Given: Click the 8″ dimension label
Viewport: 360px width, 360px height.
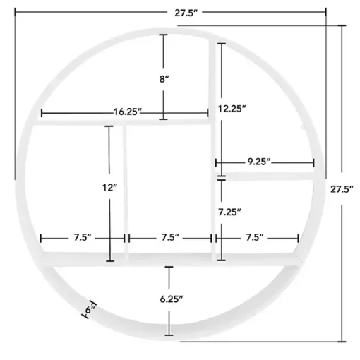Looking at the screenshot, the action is [x=164, y=79].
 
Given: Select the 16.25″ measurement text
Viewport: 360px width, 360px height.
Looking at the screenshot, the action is [x=128, y=112].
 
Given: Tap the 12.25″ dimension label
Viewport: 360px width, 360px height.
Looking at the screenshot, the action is [x=232, y=109].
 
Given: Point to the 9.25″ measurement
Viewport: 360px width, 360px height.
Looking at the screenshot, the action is [x=259, y=162].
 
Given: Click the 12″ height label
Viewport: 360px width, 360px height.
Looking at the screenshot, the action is [x=109, y=188].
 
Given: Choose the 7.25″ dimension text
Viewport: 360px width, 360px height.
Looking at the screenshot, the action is [x=229, y=212].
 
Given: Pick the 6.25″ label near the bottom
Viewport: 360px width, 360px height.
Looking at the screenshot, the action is [x=172, y=299].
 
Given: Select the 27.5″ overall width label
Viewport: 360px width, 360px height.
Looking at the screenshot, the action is [x=186, y=13].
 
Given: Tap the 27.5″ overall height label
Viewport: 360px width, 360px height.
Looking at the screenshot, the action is [x=342, y=189].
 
